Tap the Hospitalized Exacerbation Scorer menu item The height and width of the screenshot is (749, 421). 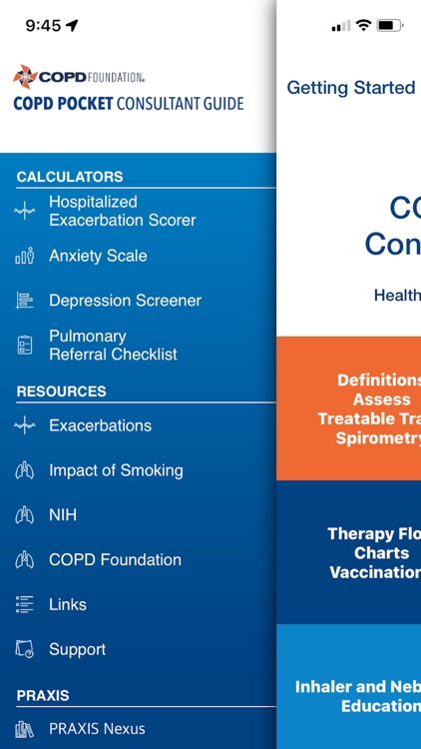[x=122, y=211]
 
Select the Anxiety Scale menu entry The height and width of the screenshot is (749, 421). [x=98, y=256]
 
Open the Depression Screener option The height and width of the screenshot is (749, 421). [x=125, y=301]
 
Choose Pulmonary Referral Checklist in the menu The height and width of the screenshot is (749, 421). [x=113, y=346]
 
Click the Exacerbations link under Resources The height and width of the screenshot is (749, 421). [x=100, y=425]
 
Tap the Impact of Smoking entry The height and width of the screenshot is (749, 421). [x=116, y=470]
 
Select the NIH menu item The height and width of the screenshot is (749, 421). [x=63, y=515]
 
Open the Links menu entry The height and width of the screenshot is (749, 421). [x=68, y=604]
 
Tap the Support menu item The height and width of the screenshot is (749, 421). [x=77, y=649]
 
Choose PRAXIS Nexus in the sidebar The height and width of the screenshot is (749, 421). [x=97, y=729]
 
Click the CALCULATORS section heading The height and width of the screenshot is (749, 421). [x=70, y=177]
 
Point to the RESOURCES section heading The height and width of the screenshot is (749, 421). [x=61, y=391]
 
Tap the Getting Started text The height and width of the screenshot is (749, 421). [x=350, y=88]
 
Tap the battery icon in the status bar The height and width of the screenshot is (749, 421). [x=390, y=25]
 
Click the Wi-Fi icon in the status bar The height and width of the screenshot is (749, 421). [x=363, y=25]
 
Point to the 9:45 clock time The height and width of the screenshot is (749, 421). [x=43, y=26]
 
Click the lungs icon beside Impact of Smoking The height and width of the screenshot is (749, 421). [x=25, y=470]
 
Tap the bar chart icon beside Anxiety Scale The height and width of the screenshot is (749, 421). [x=25, y=256]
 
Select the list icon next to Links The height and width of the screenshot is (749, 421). [x=25, y=604]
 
